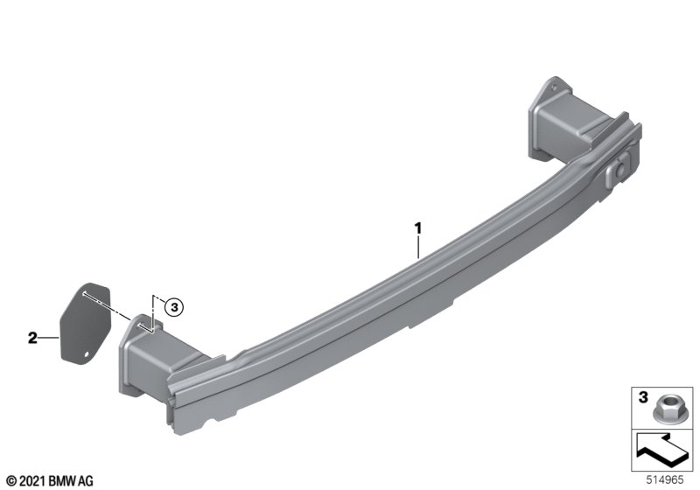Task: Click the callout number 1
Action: point(418,228)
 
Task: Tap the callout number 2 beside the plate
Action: point(32,338)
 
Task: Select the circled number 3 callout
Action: point(174,307)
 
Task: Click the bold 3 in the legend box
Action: point(643,396)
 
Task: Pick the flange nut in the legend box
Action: point(663,410)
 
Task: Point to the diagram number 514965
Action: point(665,479)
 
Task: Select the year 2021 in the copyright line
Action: point(32,481)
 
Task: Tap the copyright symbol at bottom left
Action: point(12,481)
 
